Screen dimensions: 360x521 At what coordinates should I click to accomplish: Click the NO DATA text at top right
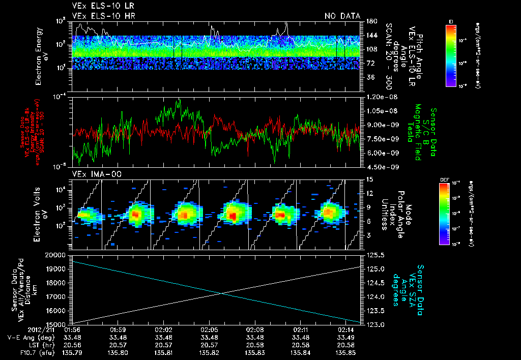[x=342, y=16]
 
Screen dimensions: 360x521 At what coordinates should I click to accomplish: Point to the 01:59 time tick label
[x=118, y=329]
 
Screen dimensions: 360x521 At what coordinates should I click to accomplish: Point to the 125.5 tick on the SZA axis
[x=375, y=255]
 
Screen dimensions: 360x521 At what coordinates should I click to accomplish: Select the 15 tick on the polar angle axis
[x=369, y=179]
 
